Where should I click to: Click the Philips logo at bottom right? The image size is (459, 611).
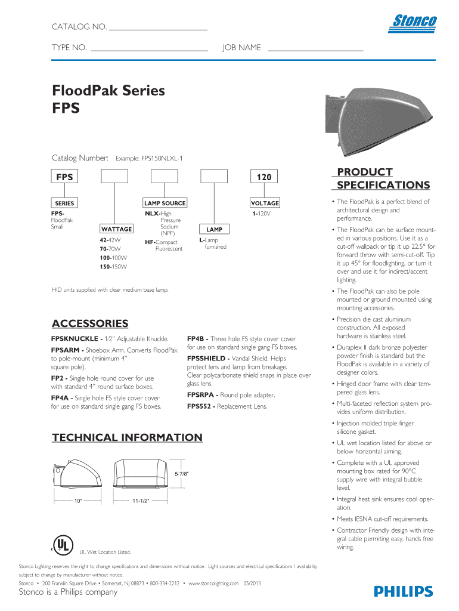[404, 591]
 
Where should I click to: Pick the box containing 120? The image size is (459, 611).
[264, 177]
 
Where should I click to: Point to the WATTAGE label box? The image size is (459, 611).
[117, 229]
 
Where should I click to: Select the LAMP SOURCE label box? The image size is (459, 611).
[165, 203]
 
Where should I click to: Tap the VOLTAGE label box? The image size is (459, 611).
[265, 203]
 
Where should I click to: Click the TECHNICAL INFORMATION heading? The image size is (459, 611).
[128, 437]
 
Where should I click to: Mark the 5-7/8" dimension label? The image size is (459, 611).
[182, 474]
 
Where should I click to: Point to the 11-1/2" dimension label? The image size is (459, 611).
[140, 501]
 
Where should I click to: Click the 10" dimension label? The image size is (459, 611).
[77, 501]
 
